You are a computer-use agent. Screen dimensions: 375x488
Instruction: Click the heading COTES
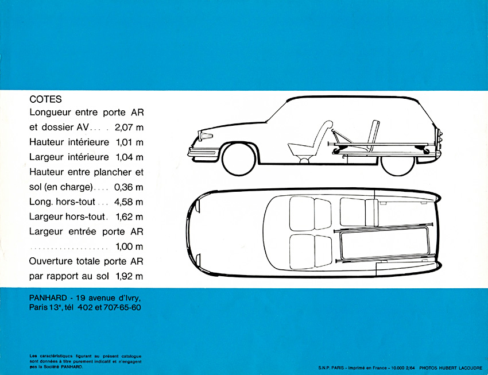[45, 99]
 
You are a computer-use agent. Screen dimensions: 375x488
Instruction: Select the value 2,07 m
[129, 127]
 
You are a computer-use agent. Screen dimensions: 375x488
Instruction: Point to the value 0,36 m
[129, 187]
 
